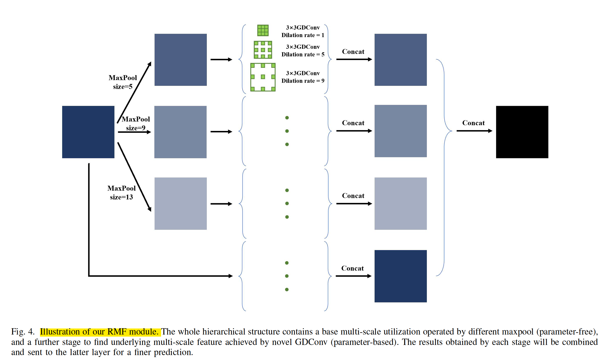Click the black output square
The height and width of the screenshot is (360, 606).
tap(522, 132)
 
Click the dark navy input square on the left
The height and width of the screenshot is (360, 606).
tap(88, 132)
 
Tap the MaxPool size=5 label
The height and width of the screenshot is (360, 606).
tap(122, 82)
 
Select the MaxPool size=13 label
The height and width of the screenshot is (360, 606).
tap(121, 192)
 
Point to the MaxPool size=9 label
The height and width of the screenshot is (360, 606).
tap(136, 123)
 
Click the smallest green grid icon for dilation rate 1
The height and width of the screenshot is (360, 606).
tap(263, 30)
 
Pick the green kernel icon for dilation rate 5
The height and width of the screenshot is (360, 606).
tap(263, 50)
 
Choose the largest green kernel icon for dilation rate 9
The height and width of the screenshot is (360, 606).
tap(263, 77)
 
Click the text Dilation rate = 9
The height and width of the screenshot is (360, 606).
tap(303, 81)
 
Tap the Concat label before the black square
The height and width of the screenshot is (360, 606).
tap(473, 123)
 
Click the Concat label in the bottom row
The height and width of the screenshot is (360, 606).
tap(352, 268)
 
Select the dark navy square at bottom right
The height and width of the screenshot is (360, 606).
tap(400, 276)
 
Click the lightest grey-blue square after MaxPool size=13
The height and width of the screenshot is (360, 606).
tap(180, 203)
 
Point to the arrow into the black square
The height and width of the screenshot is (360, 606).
tap(474, 131)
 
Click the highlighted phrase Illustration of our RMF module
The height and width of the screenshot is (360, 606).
tap(99, 332)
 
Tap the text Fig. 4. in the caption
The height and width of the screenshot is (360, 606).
tap(23, 332)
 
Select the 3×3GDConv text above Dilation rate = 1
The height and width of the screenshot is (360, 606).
tap(303, 27)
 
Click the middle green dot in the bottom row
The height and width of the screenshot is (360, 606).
tap(287, 276)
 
